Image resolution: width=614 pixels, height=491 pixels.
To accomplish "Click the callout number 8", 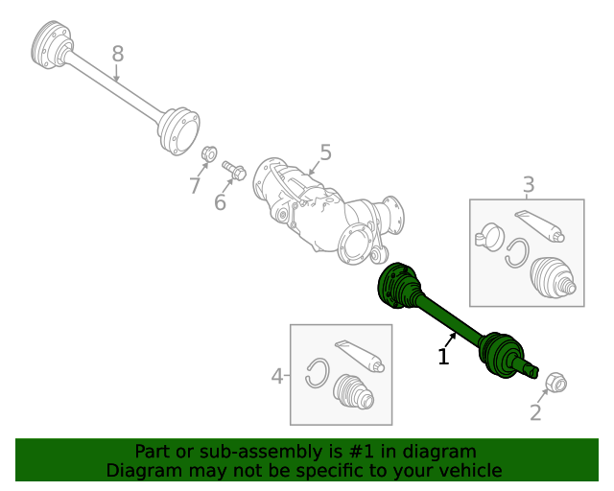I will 117,55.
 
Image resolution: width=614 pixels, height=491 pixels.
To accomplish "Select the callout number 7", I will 195,185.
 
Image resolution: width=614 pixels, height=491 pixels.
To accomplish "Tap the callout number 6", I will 220,201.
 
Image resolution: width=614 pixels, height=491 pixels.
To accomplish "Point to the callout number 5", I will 325,152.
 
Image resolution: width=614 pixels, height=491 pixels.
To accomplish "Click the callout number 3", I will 529,184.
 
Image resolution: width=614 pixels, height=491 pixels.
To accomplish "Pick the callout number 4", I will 277,376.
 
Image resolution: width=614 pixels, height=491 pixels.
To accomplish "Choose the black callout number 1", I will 443,357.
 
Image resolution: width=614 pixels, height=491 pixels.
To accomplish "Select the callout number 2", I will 535,412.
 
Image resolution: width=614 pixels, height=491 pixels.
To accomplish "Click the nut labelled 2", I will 555,384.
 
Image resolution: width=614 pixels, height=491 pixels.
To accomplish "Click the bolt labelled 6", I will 235,172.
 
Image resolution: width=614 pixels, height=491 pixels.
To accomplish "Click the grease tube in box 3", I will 539,224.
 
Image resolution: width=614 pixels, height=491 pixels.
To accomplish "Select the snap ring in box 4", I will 318,373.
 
